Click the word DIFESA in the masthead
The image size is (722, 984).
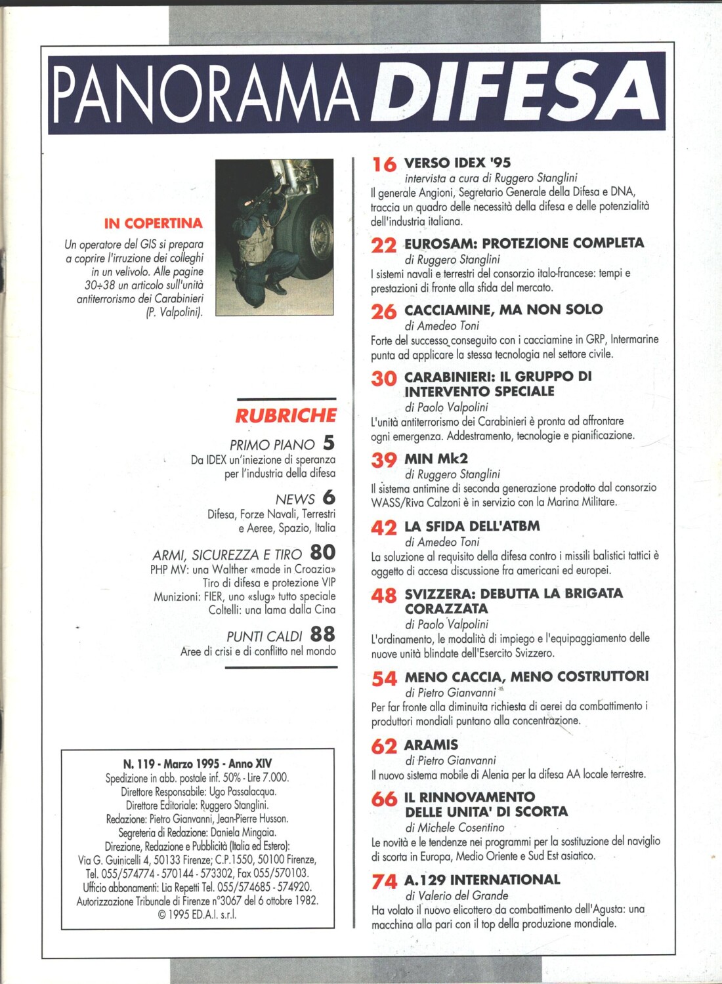pyautogui.click(x=518, y=93)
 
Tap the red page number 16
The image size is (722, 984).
pyautogui.click(x=384, y=164)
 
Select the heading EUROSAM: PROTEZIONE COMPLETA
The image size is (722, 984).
pyautogui.click(x=524, y=243)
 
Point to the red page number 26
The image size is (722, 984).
pyautogui.click(x=384, y=312)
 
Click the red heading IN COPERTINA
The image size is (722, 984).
pyautogui.click(x=153, y=223)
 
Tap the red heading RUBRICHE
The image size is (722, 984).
pyautogui.click(x=286, y=415)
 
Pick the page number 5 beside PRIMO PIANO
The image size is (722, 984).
pyautogui.click(x=328, y=443)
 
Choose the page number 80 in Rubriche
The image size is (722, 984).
pyautogui.click(x=322, y=553)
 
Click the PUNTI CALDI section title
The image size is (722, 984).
pyautogui.click(x=264, y=636)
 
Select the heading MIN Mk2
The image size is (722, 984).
pyautogui.click(x=436, y=458)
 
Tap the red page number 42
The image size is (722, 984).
pyautogui.click(x=384, y=528)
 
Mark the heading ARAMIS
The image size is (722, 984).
pyautogui.click(x=431, y=745)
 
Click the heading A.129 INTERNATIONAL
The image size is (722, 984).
pyautogui.click(x=482, y=880)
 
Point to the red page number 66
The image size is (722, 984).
pyautogui.click(x=384, y=799)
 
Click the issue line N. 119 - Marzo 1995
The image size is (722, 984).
pyautogui.click(x=197, y=764)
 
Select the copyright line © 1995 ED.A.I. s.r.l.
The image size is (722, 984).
pyautogui.click(x=197, y=914)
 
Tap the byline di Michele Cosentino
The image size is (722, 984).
pyautogui.click(x=454, y=827)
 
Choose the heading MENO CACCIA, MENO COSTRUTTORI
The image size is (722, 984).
pyautogui.click(x=526, y=676)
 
